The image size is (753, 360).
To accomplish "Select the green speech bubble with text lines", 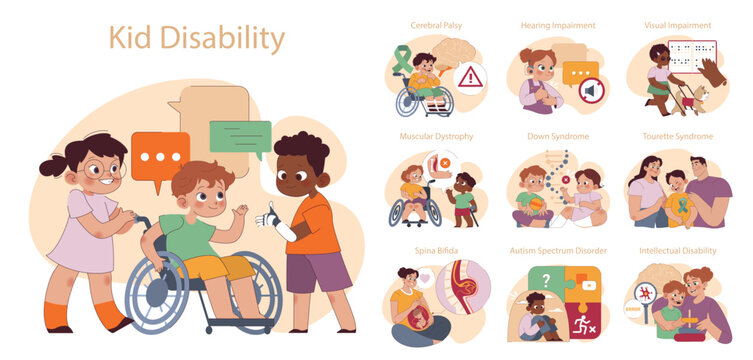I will pyautogui.click(x=240, y=136).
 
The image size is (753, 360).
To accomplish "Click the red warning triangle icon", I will pyautogui.click(x=470, y=77).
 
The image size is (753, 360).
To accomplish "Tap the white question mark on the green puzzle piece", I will pyautogui.click(x=546, y=280).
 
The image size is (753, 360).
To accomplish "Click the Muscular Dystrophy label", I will pyautogui.click(x=436, y=136).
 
